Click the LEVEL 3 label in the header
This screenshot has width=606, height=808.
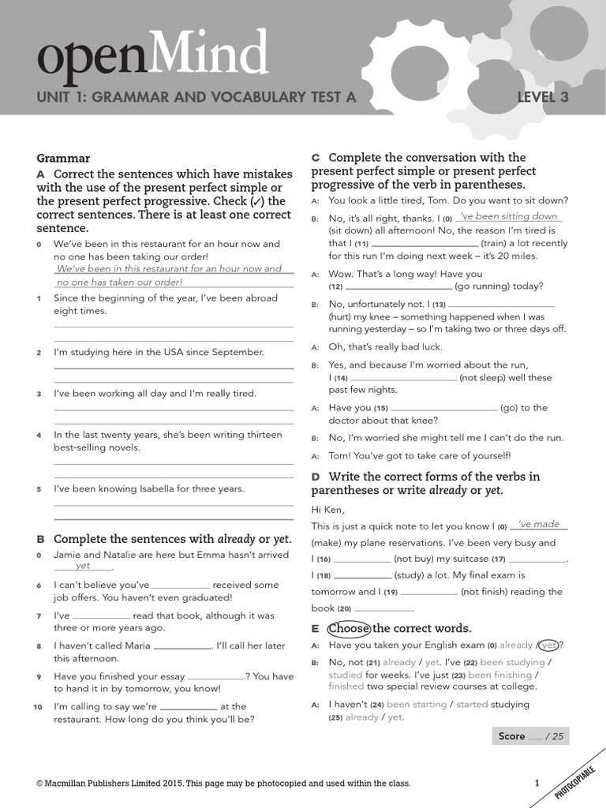(542, 98)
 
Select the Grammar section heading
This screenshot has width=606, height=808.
(63, 158)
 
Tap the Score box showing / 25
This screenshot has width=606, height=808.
(529, 736)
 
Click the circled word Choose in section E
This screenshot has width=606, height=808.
(349, 629)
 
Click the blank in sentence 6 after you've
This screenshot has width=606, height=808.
(180, 586)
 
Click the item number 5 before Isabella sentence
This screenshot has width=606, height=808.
(39, 489)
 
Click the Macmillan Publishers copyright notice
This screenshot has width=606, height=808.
(223, 784)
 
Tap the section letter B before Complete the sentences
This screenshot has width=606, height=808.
(41, 540)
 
